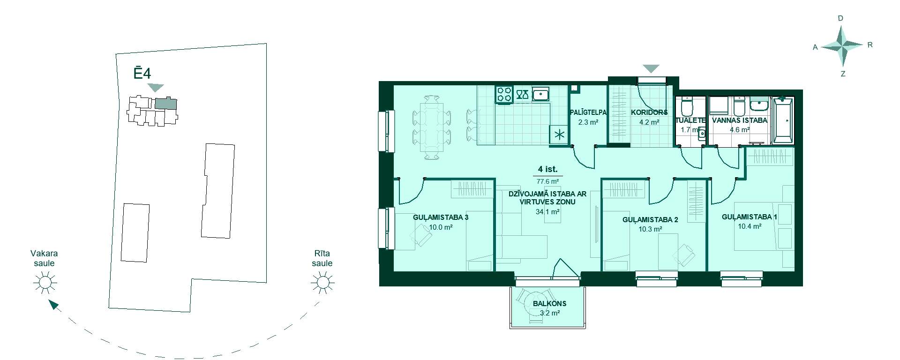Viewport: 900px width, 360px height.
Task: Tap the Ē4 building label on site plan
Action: pyautogui.click(x=142, y=74)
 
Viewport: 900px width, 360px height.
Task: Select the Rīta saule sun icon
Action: pyautogui.click(x=322, y=283)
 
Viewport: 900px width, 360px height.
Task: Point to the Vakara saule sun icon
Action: pyautogui.click(x=45, y=283)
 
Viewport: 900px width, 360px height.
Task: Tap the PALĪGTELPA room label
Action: pyautogui.click(x=588, y=112)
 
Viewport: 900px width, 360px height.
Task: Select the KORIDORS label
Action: pyautogui.click(x=649, y=112)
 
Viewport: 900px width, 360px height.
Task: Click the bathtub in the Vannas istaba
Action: pyautogui.click(x=783, y=120)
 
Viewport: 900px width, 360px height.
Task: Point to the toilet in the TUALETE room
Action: pyautogui.click(x=687, y=107)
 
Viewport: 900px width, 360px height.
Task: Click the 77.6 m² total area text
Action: pyautogui.click(x=547, y=181)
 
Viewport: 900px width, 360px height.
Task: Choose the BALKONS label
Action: pyautogui.click(x=549, y=303)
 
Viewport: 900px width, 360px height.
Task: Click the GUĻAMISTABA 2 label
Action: pyautogui.click(x=650, y=219)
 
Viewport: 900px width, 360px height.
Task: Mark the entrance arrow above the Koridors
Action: pyautogui.click(x=651, y=68)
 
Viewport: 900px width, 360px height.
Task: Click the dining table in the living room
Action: pyautogui.click(x=432, y=127)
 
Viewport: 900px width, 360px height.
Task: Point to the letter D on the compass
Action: pyautogui.click(x=840, y=18)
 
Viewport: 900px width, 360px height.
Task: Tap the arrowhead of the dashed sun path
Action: pyautogui.click(x=54, y=305)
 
